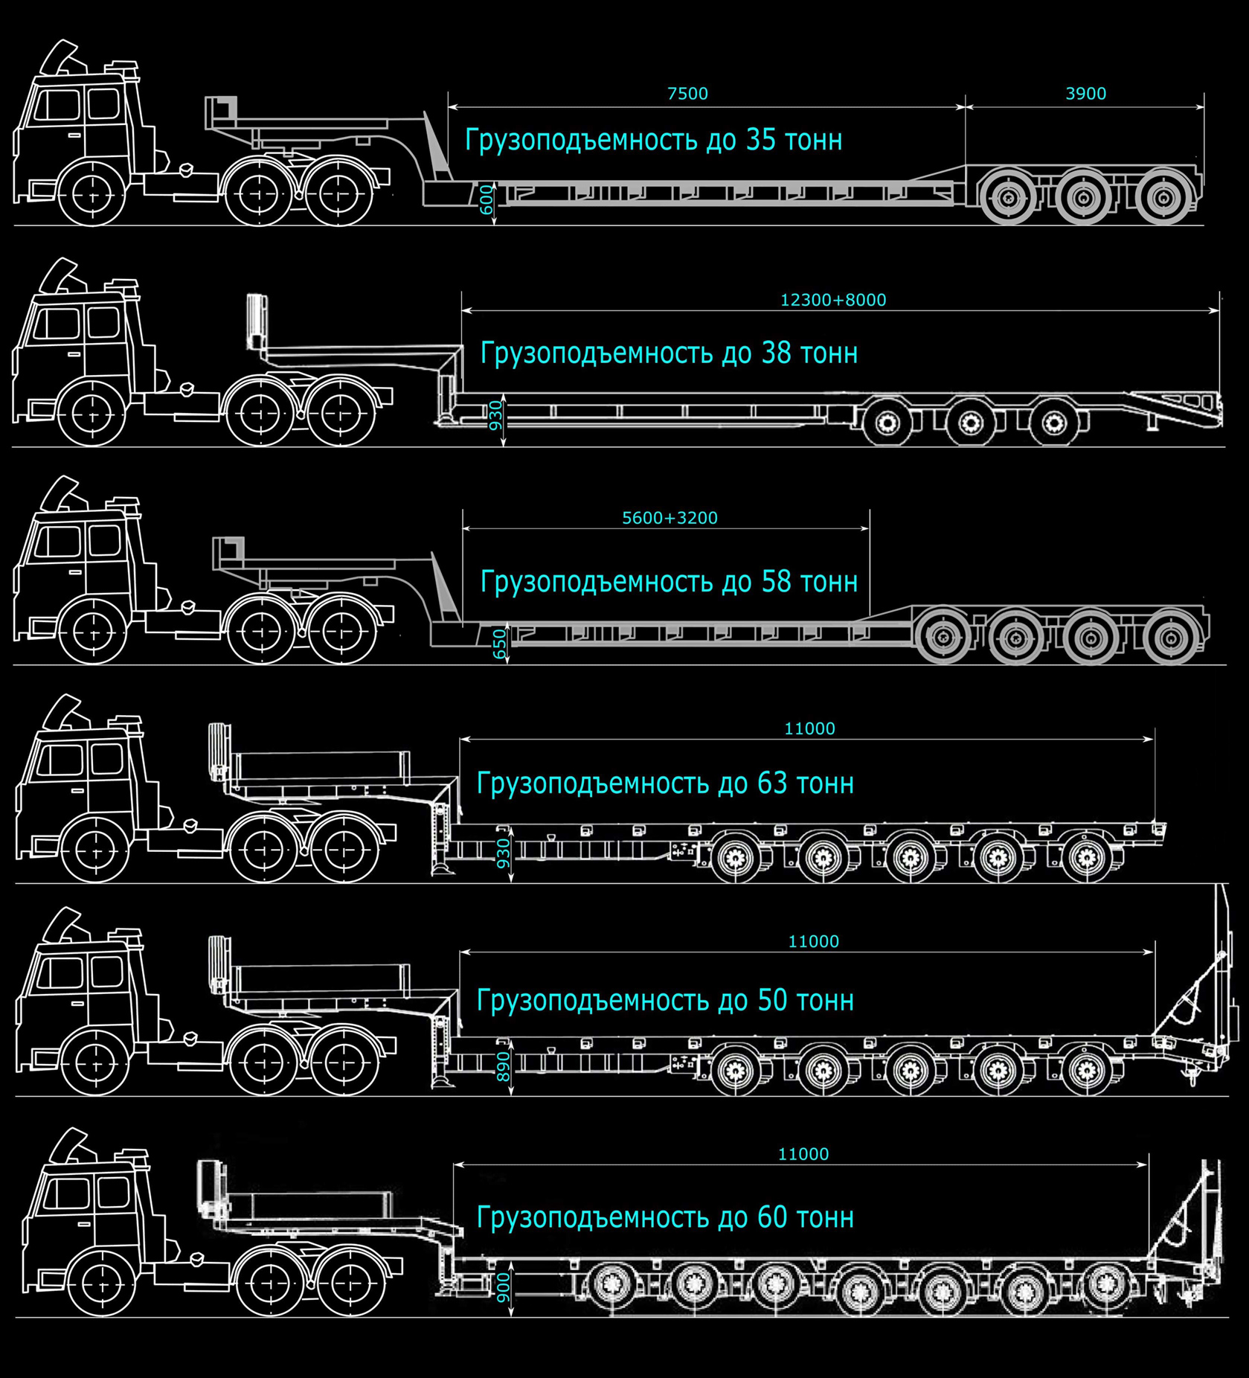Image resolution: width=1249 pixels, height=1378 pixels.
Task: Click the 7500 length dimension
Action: click(687, 94)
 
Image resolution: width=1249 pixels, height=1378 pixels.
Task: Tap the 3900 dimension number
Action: click(1085, 94)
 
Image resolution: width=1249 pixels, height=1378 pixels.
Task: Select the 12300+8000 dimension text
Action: click(832, 300)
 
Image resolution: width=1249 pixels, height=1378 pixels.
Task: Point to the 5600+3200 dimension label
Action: click(670, 518)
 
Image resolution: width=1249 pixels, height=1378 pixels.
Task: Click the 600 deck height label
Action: click(487, 199)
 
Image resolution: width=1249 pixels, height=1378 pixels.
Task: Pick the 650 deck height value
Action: click(499, 644)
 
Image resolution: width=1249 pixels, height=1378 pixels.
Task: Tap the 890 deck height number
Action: click(504, 1067)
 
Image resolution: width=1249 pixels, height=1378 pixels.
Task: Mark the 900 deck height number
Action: click(504, 1288)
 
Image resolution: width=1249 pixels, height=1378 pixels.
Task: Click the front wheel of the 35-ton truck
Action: click(94, 193)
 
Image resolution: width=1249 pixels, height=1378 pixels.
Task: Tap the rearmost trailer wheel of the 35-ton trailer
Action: click(1163, 197)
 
